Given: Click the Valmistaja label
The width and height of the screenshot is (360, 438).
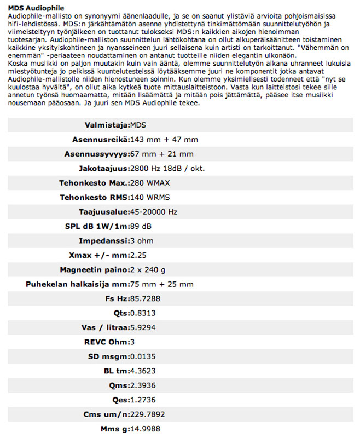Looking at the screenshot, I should tap(107, 125).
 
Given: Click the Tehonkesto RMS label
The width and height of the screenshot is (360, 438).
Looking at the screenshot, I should tap(94, 197).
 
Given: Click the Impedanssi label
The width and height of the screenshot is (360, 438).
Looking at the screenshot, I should tap(104, 240).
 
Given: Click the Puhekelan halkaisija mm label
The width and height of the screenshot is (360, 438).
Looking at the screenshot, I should tap(77, 284).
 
